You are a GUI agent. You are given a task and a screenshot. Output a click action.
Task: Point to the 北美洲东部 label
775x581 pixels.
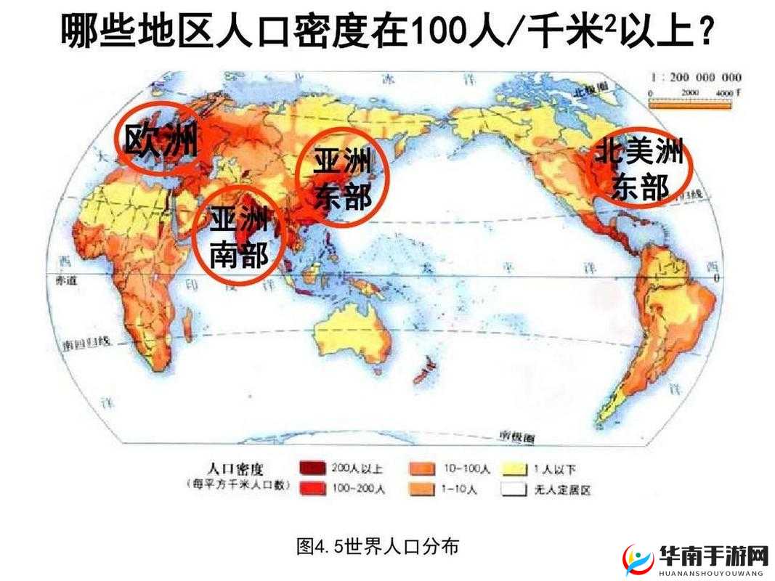click(x=639, y=171)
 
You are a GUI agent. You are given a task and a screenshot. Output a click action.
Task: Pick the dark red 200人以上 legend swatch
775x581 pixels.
click(x=312, y=468)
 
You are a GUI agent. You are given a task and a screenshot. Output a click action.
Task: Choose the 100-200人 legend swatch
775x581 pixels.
click(x=312, y=489)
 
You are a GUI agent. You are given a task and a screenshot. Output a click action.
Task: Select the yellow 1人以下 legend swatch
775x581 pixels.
click(x=514, y=468)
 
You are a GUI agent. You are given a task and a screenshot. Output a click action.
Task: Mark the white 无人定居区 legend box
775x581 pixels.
click(x=514, y=489)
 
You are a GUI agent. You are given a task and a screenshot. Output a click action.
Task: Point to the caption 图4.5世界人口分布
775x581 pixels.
click(x=378, y=545)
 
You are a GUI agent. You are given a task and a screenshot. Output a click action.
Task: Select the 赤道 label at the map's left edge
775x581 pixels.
click(x=65, y=279)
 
